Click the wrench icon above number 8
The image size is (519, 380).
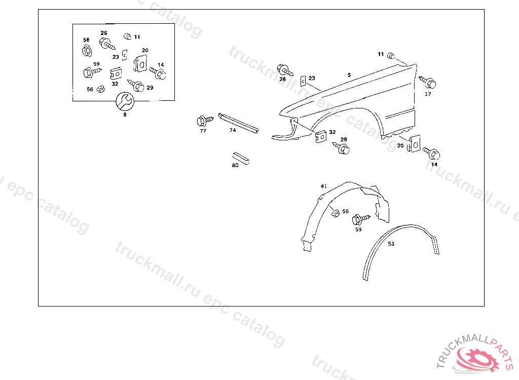[125, 101]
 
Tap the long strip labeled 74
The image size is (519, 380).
[239, 124]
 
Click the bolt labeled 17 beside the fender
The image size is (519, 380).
[428, 82]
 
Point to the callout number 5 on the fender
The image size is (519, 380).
[349, 75]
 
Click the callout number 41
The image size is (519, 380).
[323, 186]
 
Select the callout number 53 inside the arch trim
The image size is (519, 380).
[391, 244]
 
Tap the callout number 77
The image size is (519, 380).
[203, 131]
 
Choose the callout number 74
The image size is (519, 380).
[232, 130]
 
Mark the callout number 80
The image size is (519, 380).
[235, 165]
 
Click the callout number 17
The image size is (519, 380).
[428, 94]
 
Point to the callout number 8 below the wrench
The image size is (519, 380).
[125, 115]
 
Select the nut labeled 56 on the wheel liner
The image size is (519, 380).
[335, 212]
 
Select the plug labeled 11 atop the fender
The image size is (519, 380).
[391, 55]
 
